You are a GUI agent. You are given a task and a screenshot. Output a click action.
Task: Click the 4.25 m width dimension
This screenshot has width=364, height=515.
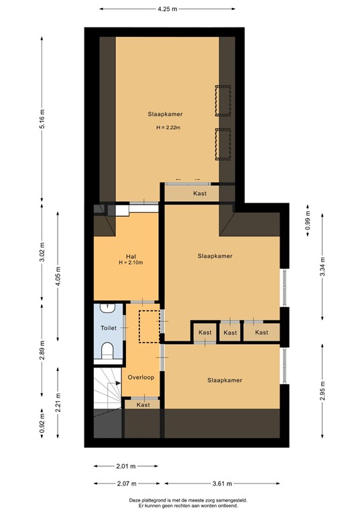tap(168, 9)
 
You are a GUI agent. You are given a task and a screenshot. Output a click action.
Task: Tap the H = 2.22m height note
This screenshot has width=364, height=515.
tap(166, 127)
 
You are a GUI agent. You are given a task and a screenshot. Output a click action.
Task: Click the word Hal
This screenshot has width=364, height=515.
tap(131, 255)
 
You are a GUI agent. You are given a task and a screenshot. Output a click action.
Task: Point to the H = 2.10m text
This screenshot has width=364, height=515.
tap(131, 263)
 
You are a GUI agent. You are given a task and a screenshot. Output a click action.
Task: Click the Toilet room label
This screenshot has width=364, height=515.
tap(109, 329)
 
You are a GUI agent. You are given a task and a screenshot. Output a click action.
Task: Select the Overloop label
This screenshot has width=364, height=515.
tap(141, 378)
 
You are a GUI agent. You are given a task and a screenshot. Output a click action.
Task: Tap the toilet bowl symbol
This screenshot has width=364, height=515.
tap(107, 350)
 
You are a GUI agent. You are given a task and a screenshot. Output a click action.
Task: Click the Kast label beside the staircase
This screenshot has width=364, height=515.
tap(143, 405)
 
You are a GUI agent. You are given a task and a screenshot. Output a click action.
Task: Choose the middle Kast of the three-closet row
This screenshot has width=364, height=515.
tap(230, 333)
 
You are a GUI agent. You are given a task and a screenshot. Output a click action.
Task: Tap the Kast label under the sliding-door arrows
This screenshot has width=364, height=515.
tap(200, 193)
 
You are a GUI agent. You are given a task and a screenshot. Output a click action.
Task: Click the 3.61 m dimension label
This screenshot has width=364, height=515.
tap(223, 483)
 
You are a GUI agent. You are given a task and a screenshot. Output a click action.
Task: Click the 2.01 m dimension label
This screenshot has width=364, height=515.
tap(125, 466)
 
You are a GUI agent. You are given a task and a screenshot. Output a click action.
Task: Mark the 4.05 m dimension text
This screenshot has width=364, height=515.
tap(58, 274)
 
